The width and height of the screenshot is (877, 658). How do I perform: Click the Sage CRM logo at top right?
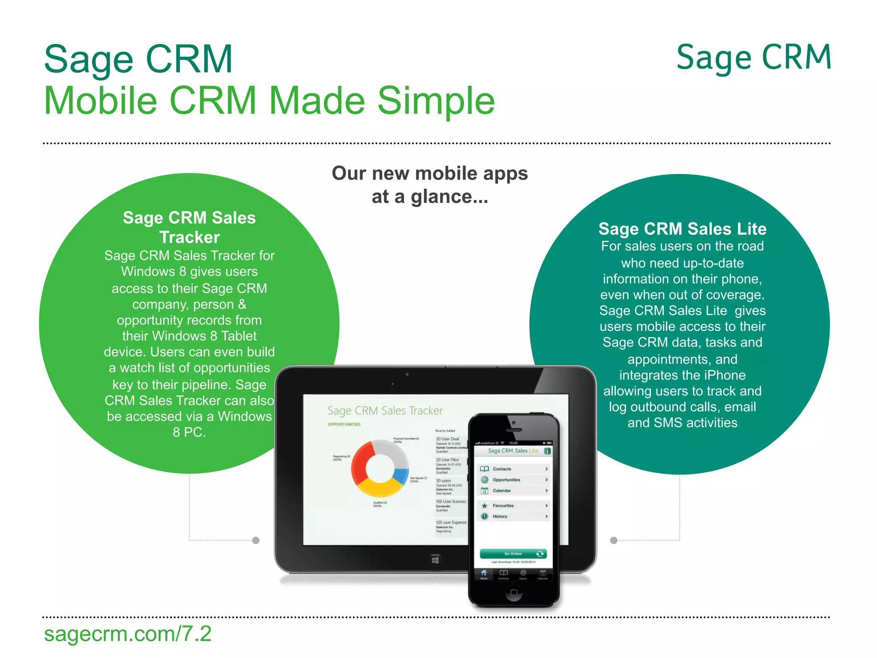[754, 58]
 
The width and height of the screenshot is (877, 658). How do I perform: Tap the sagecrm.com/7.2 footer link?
[128, 634]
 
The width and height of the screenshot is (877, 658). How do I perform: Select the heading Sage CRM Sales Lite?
[682, 229]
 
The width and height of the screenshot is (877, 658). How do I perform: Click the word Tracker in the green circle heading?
[189, 237]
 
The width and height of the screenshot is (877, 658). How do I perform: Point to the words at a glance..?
[430, 197]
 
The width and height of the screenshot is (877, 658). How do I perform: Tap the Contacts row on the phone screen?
[513, 469]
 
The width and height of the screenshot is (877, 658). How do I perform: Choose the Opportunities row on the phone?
[513, 480]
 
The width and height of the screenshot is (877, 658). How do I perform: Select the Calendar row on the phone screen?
[513, 491]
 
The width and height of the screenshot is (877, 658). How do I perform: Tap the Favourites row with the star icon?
[513, 505]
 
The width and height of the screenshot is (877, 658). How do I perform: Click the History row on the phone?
[513, 516]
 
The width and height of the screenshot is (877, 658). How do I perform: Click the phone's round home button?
[514, 592]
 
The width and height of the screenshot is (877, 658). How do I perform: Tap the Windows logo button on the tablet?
[435, 560]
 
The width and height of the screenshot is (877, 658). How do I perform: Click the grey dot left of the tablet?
[256, 540]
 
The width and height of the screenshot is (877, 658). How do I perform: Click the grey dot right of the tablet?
[614, 540]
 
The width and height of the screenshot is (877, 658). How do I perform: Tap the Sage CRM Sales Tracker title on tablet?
[385, 410]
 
